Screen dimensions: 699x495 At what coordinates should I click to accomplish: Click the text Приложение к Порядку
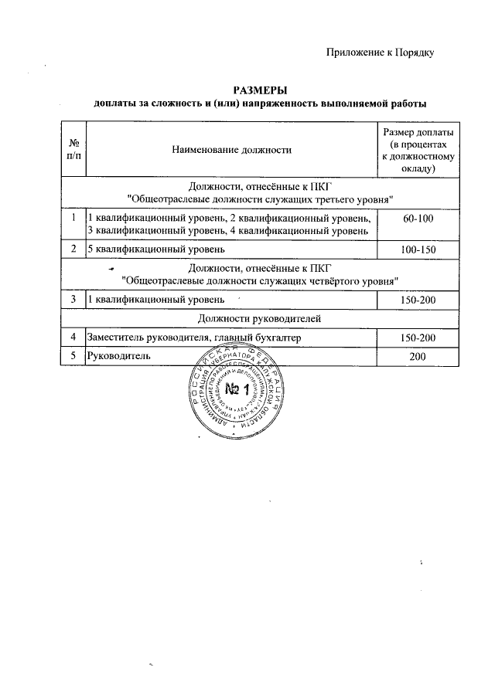380,53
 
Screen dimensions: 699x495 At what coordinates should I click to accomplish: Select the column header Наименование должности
231,150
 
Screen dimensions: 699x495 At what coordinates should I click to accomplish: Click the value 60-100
418,219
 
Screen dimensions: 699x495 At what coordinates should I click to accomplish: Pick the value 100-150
418,249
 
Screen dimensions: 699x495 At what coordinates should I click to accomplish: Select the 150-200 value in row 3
418,299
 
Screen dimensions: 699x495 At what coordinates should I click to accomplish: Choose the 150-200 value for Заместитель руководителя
418,338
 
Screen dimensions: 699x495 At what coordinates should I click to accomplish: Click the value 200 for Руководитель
418,356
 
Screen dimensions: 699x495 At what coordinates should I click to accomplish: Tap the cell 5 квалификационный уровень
155,249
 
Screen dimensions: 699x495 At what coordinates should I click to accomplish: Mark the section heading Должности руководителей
259,318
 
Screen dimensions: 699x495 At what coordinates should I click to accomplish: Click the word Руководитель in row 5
118,356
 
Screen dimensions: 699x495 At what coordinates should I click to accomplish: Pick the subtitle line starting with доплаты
259,103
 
